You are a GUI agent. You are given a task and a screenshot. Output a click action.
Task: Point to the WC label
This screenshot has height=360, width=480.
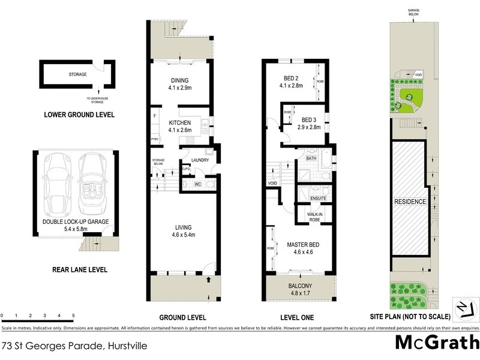coord(197,185)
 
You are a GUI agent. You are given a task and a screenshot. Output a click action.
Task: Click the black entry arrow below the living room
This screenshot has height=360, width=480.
coord(209,279)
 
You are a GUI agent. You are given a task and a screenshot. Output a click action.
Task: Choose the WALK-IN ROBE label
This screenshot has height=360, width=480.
coord(316,216)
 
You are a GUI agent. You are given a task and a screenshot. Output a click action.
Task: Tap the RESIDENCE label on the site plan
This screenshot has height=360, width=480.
coord(410,202)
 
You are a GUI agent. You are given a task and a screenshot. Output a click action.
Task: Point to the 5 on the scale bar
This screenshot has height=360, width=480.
coord(73,315)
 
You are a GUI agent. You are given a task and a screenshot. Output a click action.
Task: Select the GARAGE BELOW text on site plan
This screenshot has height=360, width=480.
coord(413,13)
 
